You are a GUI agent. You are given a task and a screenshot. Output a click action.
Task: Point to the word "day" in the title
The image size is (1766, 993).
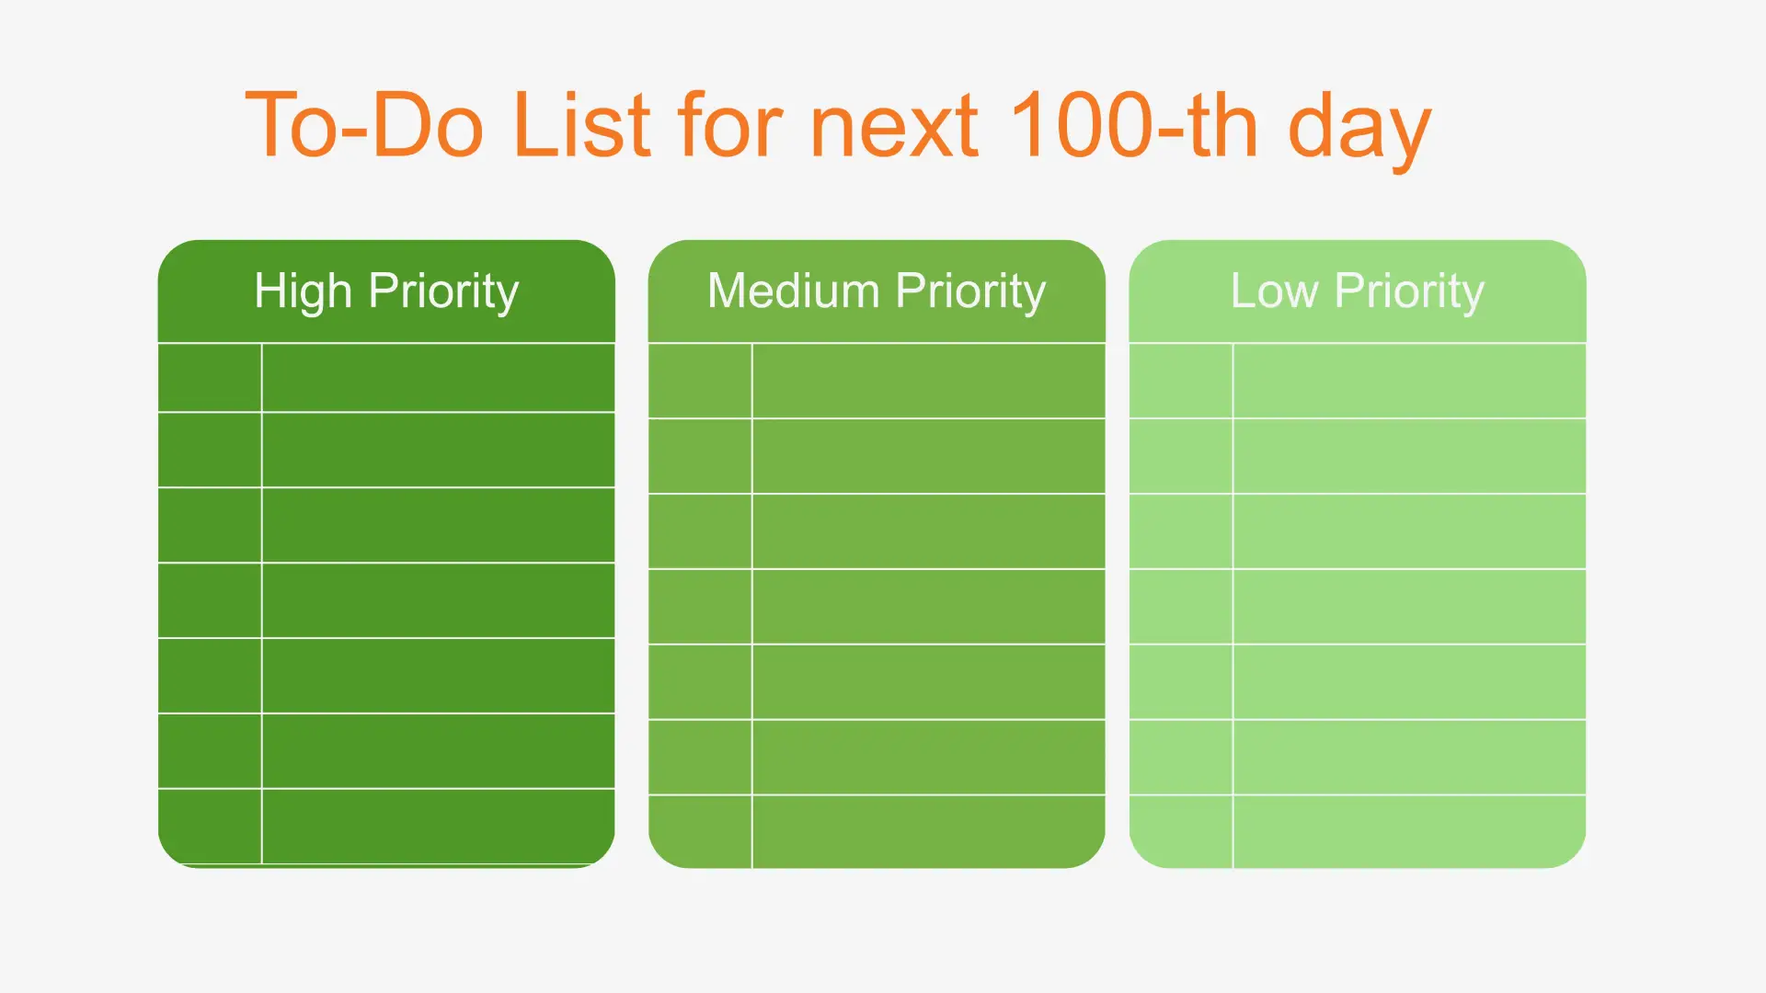[1359, 131]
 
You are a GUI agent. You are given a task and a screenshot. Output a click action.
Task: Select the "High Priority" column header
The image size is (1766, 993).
[386, 291]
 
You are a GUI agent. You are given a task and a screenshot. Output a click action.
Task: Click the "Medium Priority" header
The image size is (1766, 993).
[877, 291]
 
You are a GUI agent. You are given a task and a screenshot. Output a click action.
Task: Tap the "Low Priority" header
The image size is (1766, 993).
[1358, 291]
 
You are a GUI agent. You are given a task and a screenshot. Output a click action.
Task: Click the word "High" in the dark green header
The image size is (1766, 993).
[303, 291]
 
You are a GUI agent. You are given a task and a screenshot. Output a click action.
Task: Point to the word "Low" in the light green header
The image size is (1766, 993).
[1274, 291]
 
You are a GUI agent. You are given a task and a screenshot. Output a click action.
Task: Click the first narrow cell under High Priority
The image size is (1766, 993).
[210, 378]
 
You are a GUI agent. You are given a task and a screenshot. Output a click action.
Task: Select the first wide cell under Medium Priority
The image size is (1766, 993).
[929, 381]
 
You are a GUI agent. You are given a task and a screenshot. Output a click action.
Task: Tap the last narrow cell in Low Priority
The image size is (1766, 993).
[1181, 831]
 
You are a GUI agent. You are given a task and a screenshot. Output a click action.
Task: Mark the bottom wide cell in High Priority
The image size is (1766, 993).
[439, 827]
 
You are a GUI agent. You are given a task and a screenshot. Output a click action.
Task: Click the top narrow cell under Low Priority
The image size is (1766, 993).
[1181, 381]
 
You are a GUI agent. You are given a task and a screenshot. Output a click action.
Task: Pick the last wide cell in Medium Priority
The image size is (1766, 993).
[929, 831]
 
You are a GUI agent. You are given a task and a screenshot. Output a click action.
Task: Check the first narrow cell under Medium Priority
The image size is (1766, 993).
[700, 381]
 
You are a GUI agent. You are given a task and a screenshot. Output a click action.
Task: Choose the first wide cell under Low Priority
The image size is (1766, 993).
[1410, 381]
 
